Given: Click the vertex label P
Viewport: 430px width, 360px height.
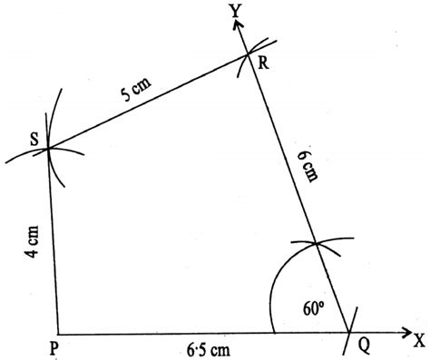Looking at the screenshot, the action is coord(56,346).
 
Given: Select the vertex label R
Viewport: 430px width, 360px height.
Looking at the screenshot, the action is coord(261,63).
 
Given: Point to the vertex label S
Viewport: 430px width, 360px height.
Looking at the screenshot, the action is coord(34,139).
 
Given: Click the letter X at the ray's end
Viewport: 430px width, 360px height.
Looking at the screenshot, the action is coord(418,341).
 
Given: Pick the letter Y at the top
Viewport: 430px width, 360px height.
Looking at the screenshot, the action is coord(234,10).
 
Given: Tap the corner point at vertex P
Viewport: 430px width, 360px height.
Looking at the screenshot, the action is coord(57,333).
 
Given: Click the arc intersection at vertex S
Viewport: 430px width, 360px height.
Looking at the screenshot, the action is coord(47,149).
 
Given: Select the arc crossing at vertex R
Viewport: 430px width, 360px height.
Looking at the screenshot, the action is coord(249,56).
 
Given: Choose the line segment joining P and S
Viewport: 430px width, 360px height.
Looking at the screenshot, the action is coord(53,241).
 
